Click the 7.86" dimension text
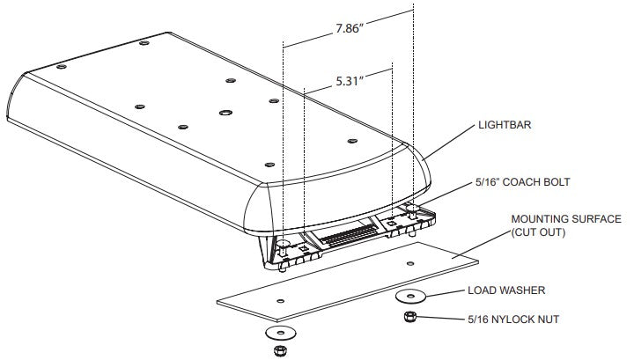[349, 29]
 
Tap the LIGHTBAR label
[505, 125]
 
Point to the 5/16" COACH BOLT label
[523, 182]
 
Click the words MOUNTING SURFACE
[566, 219]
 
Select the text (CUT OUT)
[538, 232]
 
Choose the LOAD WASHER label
[506, 290]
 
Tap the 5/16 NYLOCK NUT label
[513, 320]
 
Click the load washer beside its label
[410, 296]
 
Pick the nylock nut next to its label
[409, 316]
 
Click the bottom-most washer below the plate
[280, 333]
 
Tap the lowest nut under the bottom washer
[280, 350]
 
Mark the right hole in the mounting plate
[410, 263]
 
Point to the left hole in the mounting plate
[280, 301]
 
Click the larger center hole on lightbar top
[225, 113]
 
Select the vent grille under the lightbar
[350, 235]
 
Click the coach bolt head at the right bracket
[411, 209]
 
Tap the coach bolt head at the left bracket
[283, 243]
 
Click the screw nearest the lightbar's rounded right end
[352, 141]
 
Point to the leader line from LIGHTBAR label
[449, 143]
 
